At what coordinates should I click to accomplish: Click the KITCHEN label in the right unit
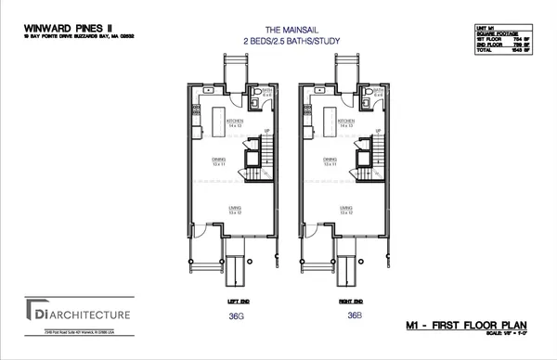point(346,121)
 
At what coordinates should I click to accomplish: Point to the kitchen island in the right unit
point(331,119)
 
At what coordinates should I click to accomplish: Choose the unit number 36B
point(354,315)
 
